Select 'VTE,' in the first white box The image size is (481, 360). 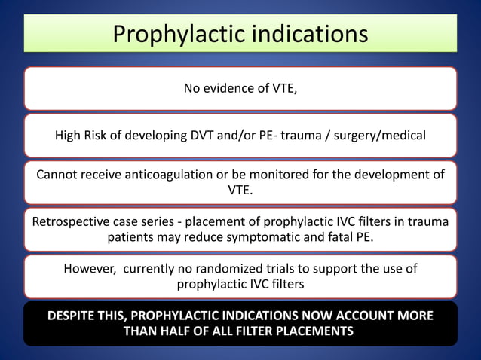(x=283, y=89)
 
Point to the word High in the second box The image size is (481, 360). (x=69, y=136)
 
